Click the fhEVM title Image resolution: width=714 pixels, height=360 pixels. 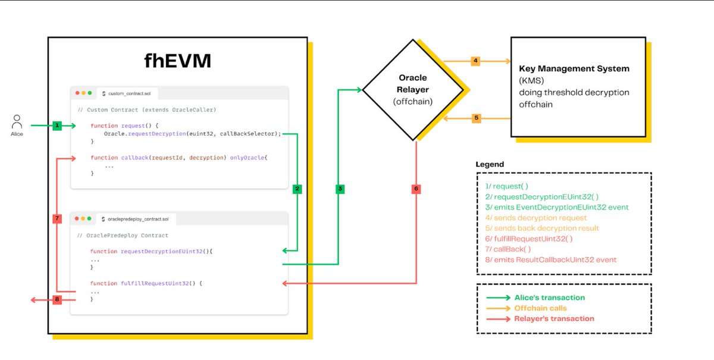point(177,61)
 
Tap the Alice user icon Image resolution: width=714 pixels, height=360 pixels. point(17,121)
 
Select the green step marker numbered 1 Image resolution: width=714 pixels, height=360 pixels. point(57,126)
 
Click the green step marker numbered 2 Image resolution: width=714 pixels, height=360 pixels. point(297,189)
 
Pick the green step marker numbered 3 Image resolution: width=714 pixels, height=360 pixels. point(340,189)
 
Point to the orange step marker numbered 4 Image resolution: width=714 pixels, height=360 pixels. point(475,61)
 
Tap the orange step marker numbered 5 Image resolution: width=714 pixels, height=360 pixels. point(476,118)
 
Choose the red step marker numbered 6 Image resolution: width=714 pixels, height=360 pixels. point(416,189)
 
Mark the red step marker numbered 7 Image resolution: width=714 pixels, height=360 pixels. point(57,218)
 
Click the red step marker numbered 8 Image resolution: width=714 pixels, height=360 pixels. point(57,299)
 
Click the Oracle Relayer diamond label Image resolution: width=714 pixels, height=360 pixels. point(413,90)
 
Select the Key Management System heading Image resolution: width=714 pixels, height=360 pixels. point(574,68)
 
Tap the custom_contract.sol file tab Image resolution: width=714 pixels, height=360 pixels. point(127,93)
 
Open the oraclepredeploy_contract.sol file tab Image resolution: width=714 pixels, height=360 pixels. point(135,219)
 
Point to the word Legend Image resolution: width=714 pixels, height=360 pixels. point(490,165)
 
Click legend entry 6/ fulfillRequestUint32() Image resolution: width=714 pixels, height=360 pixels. point(529,239)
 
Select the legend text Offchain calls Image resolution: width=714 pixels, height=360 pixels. point(541,308)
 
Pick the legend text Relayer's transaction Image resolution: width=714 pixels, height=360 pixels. point(555,318)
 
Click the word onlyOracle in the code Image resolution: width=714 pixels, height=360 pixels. point(248,158)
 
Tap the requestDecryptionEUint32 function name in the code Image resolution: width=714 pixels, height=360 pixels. point(162,251)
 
